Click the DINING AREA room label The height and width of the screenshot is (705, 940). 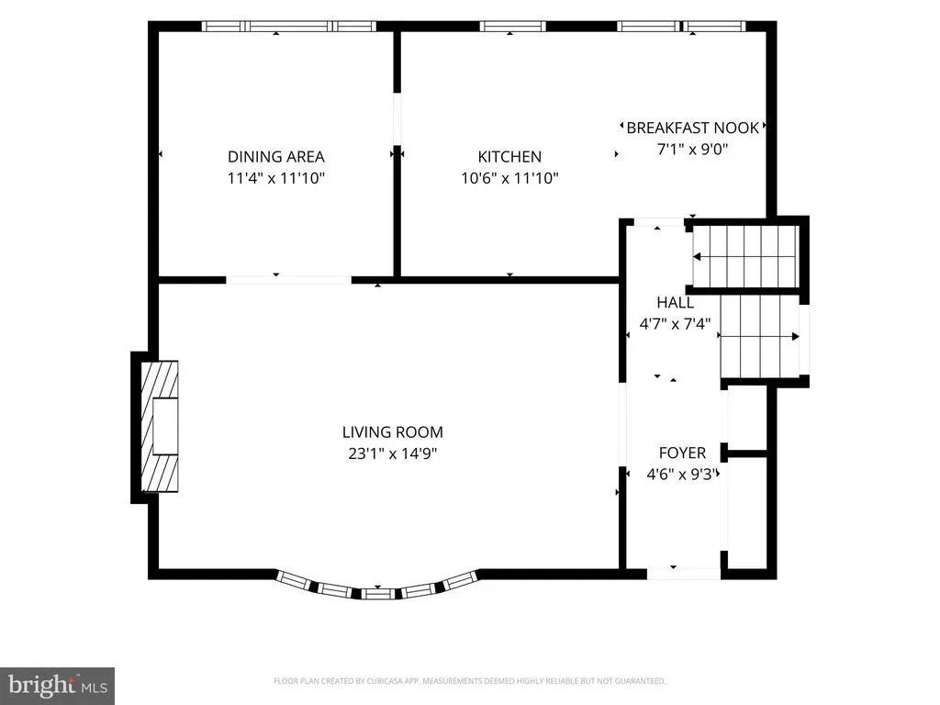(275, 156)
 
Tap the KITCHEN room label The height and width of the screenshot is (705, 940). (509, 156)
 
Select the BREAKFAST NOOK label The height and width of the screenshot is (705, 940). (692, 128)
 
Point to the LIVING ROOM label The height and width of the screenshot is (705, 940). (393, 431)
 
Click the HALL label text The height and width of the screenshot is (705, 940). (675, 302)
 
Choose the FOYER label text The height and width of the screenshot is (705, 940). (682, 453)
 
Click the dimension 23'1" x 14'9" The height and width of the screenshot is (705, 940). (393, 453)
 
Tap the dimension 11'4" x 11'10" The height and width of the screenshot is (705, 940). (275, 178)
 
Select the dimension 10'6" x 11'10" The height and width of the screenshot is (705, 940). (509, 178)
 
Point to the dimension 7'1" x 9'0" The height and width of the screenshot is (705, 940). (692, 149)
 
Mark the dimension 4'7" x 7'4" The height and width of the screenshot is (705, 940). (675, 324)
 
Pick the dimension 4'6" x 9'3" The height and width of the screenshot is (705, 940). (682, 475)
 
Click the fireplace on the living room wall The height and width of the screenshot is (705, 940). (159, 426)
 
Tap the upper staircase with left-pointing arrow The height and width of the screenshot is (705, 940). (745, 257)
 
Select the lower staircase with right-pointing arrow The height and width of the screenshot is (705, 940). (759, 336)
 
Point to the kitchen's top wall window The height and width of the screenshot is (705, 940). (512, 27)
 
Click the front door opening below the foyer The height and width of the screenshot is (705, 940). (683, 574)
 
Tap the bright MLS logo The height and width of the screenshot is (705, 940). (58, 686)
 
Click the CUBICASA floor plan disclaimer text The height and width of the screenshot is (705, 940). (469, 681)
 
